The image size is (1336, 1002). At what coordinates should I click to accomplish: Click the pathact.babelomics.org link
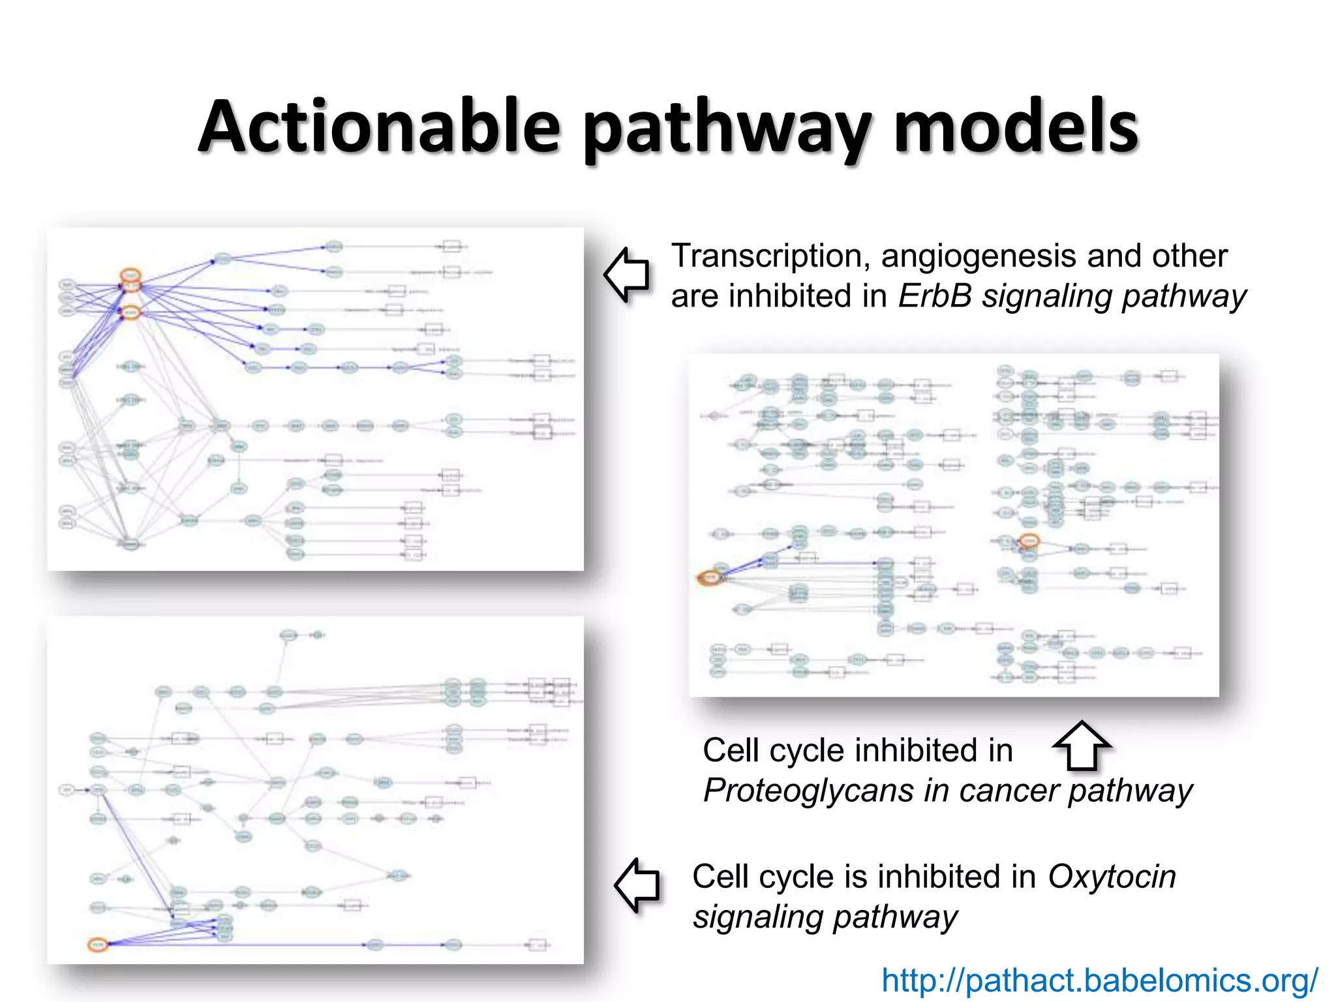pyautogui.click(x=1099, y=980)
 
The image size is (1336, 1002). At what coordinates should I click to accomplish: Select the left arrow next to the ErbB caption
pyautogui.click(x=627, y=275)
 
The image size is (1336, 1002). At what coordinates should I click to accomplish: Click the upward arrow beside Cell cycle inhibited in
pyautogui.click(x=1082, y=746)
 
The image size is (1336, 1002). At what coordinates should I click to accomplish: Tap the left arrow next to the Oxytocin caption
pyautogui.click(x=637, y=885)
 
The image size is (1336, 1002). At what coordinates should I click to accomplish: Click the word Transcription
pyautogui.click(x=770, y=256)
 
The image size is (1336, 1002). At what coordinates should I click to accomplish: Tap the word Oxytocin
pyautogui.click(x=1112, y=877)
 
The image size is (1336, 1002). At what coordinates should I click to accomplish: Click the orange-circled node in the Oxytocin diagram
pyautogui.click(x=98, y=945)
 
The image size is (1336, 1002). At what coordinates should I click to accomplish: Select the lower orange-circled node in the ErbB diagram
pyautogui.click(x=131, y=312)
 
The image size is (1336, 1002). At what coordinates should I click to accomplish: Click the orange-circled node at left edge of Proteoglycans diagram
pyautogui.click(x=710, y=578)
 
